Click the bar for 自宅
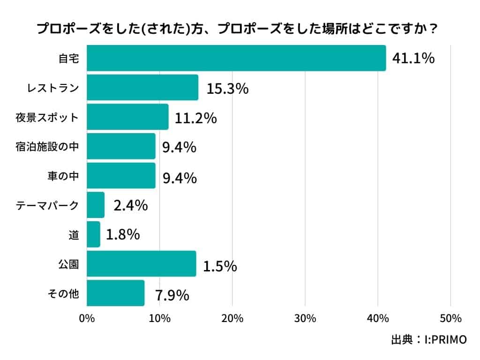(x=236, y=58)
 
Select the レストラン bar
(x=142, y=88)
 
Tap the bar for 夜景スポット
(x=127, y=117)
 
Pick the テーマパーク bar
(x=96, y=205)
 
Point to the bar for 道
(x=93, y=234)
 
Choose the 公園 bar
(x=141, y=263)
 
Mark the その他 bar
(x=115, y=293)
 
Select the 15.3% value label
(x=227, y=89)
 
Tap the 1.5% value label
(x=220, y=266)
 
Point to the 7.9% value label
(x=172, y=295)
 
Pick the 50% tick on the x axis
(x=450, y=319)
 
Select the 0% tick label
(x=87, y=319)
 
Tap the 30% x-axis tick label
(x=305, y=319)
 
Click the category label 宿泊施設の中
(x=47, y=147)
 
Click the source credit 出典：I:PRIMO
(x=428, y=340)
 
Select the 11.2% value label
(x=195, y=118)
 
